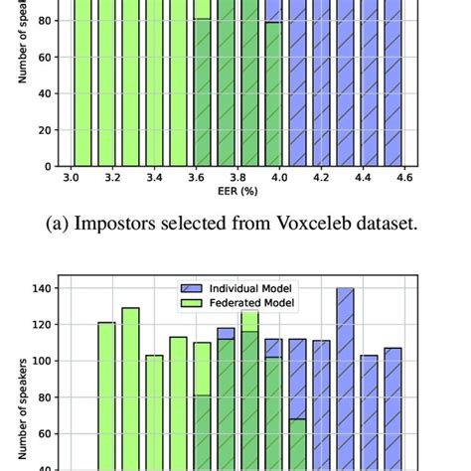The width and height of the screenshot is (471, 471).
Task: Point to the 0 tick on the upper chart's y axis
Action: coord(50,166)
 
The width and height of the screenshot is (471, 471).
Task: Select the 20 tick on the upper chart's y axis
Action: coord(47,129)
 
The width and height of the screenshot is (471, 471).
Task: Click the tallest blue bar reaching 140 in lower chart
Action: coord(345,378)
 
